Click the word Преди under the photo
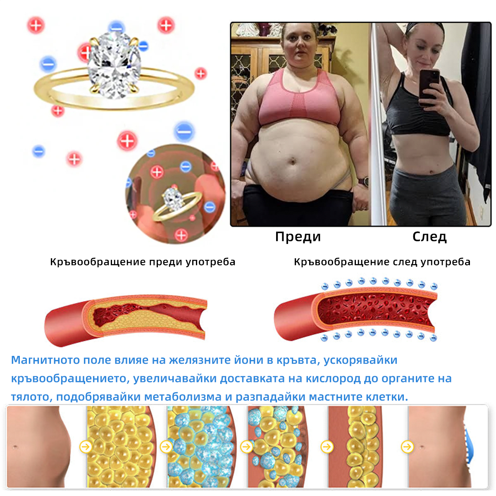(x=298, y=236)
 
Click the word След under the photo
(x=429, y=236)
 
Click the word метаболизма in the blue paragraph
(x=183, y=397)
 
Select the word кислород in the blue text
(x=333, y=378)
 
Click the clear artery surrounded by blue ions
(x=355, y=313)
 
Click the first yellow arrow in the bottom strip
(x=86, y=446)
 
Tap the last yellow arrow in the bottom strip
(x=407, y=446)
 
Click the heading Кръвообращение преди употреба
(x=143, y=262)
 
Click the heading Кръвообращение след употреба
(x=382, y=262)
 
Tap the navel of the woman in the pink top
(x=293, y=162)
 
